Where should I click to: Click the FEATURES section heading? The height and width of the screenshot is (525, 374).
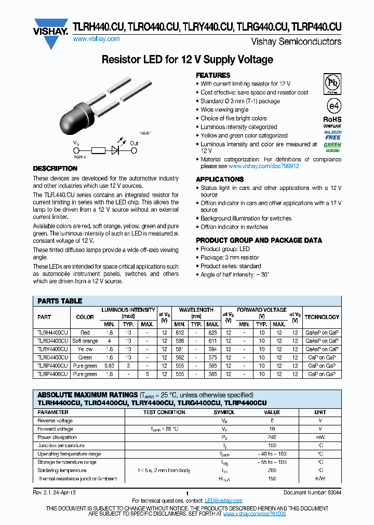(213, 75)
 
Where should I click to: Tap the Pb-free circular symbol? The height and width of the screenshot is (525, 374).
(332, 84)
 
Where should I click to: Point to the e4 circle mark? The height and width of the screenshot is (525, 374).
(332, 106)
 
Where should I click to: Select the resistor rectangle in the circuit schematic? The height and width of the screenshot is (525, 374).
(98, 151)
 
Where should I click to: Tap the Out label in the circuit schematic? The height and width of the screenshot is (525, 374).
(134, 143)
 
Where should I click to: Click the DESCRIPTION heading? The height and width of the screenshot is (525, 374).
(55, 169)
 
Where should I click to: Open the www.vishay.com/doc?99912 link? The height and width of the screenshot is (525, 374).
(263, 167)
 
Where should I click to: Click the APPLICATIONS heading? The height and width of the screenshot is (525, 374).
(220, 179)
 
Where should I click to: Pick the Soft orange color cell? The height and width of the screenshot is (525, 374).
(85, 341)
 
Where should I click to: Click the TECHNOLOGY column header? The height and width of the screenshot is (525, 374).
(322, 317)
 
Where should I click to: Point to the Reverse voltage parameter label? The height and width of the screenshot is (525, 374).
(55, 421)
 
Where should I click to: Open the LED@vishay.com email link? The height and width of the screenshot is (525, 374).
(223, 501)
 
